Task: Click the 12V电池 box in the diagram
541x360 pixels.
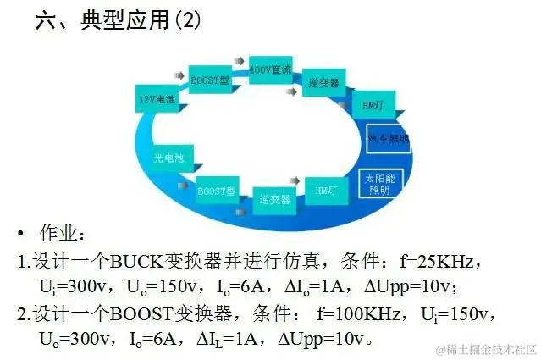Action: tap(157, 98)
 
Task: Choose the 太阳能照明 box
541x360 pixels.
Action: tap(378, 185)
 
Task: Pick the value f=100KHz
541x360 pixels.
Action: tap(359, 314)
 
